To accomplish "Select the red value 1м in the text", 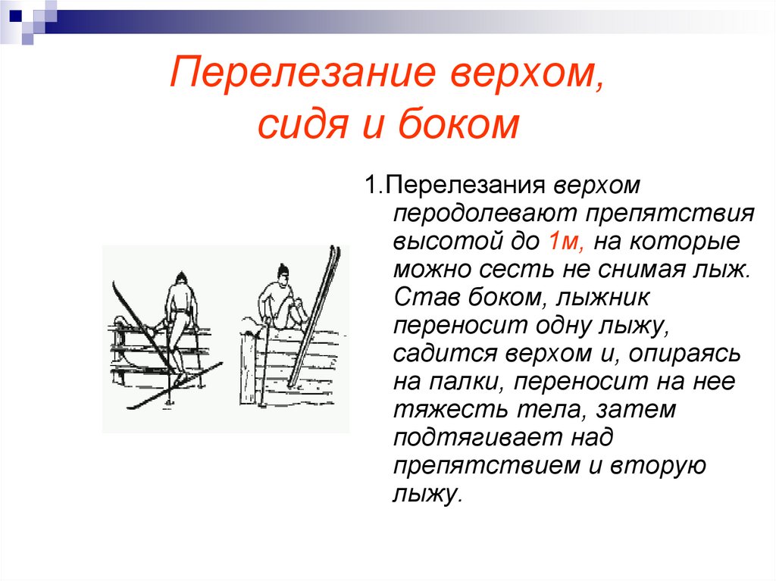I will (x=562, y=241).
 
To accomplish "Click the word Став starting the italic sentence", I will (x=424, y=297).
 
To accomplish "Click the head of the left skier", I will (x=180, y=277).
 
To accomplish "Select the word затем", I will (x=635, y=410).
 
